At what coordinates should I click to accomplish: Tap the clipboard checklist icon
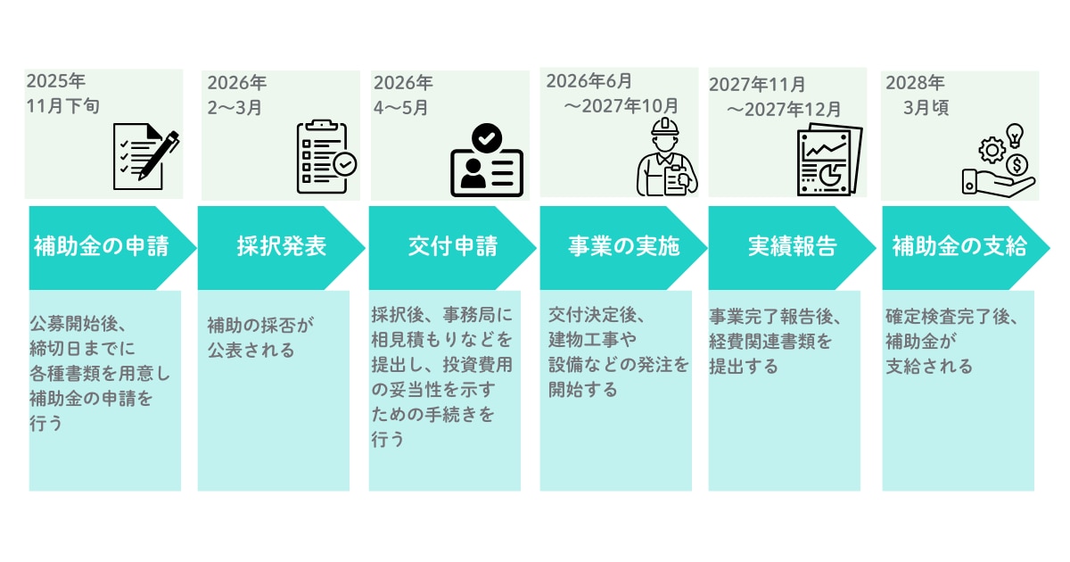[x=323, y=158]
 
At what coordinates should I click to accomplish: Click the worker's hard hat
[x=665, y=127]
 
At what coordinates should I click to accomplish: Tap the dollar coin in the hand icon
[x=1015, y=165]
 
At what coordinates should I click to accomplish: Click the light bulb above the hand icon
[x=1014, y=135]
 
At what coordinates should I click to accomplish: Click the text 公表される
[x=251, y=351]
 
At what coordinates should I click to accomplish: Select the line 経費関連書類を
[x=770, y=342]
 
